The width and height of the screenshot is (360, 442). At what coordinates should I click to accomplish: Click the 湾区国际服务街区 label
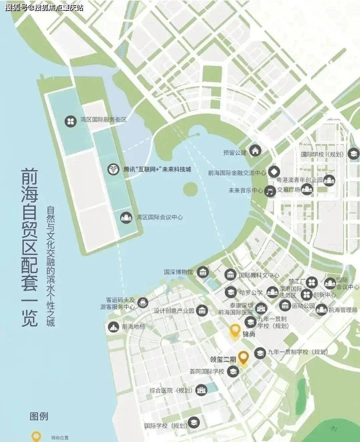click(103, 120)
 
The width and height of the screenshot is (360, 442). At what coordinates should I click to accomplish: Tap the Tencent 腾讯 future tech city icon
click(113, 169)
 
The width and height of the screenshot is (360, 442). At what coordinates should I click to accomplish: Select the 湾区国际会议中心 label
click(159, 217)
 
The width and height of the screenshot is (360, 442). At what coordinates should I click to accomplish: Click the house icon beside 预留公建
click(255, 151)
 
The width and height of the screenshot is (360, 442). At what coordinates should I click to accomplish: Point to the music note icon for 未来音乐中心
click(270, 191)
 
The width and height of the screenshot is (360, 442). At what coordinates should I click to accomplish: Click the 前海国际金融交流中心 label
click(237, 173)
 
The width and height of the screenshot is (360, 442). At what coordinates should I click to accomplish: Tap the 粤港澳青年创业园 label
click(299, 180)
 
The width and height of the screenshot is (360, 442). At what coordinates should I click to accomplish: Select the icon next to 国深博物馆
click(203, 272)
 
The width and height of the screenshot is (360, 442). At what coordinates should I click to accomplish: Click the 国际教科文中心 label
click(259, 275)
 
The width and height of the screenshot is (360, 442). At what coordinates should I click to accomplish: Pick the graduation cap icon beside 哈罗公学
click(231, 293)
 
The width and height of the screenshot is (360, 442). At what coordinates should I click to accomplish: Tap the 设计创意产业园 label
click(174, 311)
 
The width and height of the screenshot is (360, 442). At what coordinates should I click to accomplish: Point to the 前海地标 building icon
click(114, 326)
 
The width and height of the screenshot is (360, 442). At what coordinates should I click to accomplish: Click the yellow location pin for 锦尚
click(235, 330)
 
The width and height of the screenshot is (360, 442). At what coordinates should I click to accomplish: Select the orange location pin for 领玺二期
click(243, 357)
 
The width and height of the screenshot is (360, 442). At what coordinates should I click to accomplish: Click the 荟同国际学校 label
click(207, 371)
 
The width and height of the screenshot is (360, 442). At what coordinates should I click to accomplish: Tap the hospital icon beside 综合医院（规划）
click(201, 390)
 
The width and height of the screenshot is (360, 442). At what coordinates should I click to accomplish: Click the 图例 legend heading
click(39, 416)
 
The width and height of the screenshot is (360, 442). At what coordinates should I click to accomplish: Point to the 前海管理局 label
click(343, 310)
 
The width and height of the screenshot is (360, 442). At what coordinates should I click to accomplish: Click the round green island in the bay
click(190, 189)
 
